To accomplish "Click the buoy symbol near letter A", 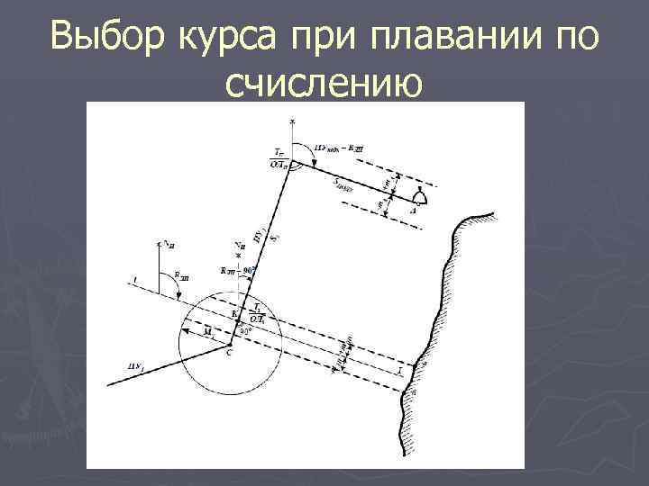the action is (418, 196).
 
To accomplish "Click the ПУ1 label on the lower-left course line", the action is (137, 365).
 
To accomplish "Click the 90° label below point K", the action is (245, 330).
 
